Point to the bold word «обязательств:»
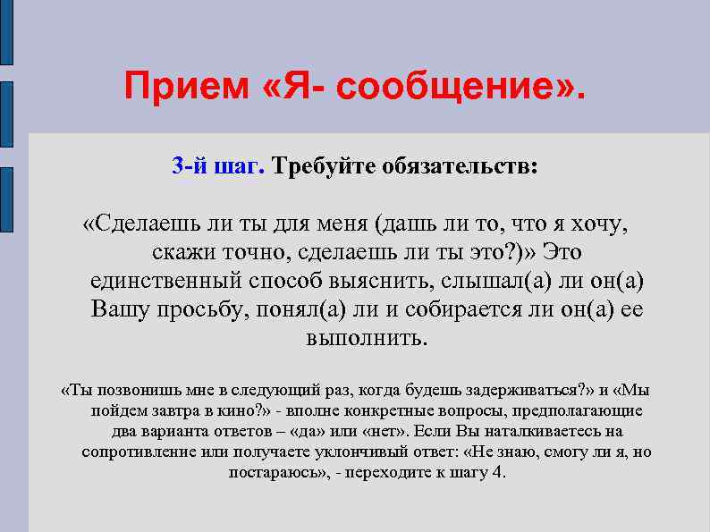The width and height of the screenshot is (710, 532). click(x=460, y=166)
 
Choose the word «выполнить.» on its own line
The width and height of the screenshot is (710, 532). click(x=368, y=338)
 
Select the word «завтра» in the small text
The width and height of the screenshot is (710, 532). click(x=178, y=410)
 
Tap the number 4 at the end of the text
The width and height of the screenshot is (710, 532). click(x=498, y=472)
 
